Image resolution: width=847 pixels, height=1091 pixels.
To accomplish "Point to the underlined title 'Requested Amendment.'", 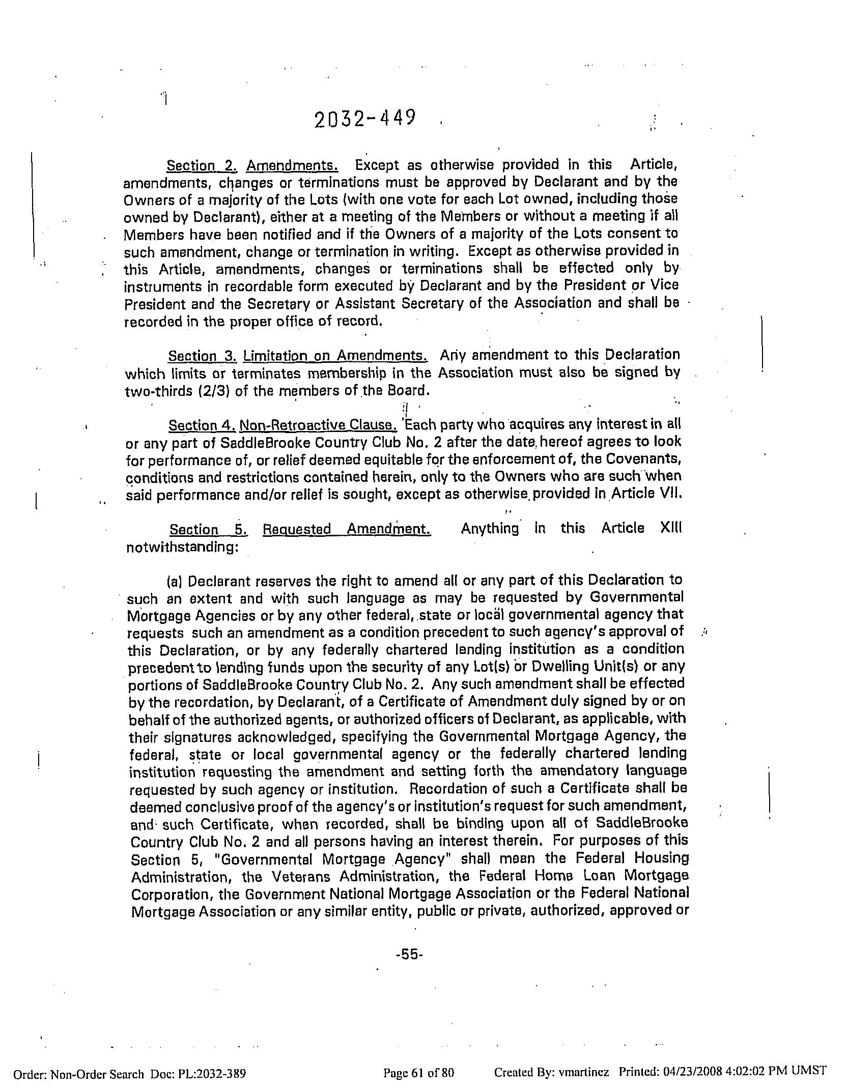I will [347, 529].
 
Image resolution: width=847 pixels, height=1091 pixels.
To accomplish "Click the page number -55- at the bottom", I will [409, 955].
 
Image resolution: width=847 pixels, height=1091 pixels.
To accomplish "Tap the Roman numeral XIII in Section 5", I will [671, 528].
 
